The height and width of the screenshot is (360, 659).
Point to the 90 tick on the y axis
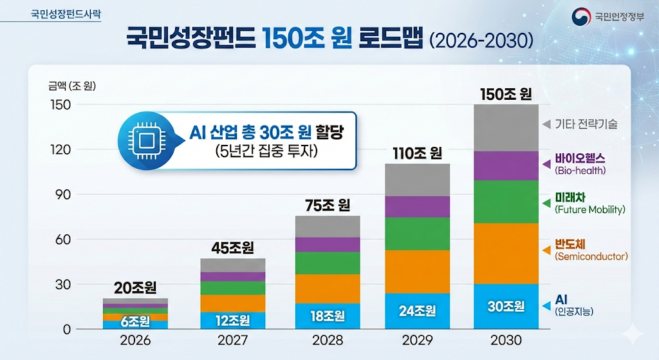click(62, 194)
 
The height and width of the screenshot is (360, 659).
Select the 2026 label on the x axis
click(135, 340)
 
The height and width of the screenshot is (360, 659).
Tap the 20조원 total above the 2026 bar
click(135, 287)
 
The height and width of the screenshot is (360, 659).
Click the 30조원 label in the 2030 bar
click(506, 307)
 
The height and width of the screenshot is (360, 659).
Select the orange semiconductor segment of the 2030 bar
click(506, 253)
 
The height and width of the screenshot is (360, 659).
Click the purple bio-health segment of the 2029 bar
click(418, 207)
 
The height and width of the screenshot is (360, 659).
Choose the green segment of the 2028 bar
click(328, 263)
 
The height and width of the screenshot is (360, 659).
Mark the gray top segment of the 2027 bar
click(232, 265)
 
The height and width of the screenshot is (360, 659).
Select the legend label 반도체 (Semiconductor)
click(590, 249)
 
